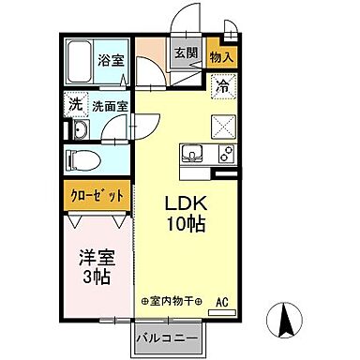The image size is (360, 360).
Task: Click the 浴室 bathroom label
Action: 111,62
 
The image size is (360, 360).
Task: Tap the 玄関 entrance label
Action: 185,53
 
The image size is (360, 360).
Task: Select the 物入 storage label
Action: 221,57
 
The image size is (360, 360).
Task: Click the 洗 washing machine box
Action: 73,104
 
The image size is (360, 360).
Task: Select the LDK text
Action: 186,204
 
